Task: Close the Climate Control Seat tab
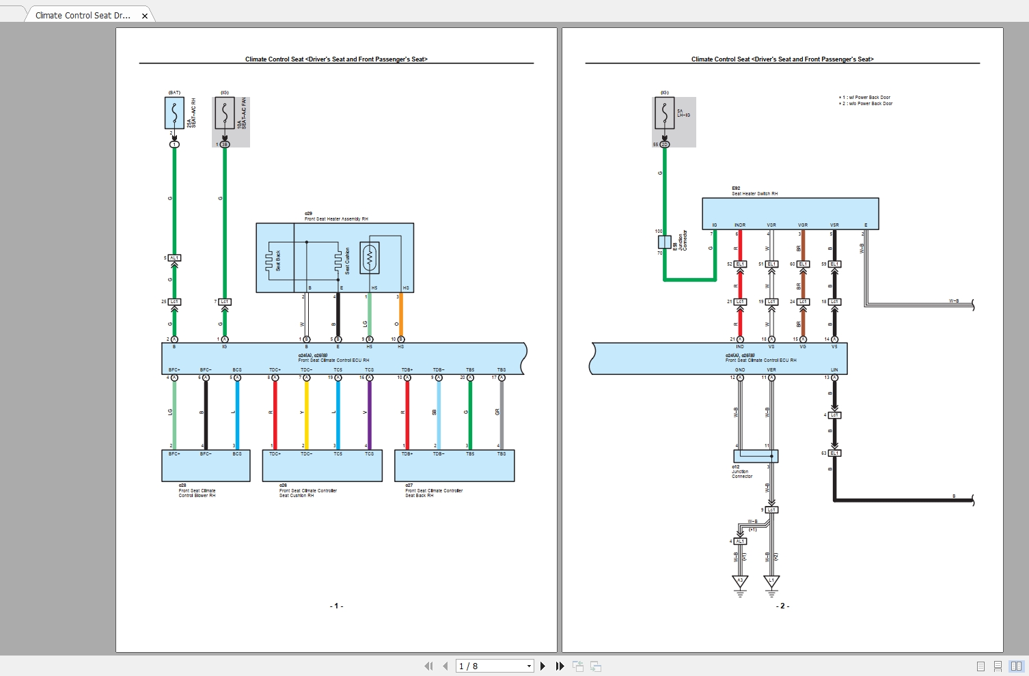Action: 145,16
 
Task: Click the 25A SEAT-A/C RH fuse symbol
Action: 174,113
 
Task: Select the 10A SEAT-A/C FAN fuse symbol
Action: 225,113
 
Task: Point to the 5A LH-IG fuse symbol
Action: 664,113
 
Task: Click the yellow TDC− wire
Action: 306,413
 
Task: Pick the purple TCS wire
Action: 370,413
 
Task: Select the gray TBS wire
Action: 502,413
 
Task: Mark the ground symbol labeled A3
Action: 740,582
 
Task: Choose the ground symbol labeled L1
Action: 771,582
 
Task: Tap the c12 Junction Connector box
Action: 756,456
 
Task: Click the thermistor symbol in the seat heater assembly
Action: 370,258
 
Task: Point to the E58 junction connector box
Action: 664,242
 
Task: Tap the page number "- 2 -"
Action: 782,606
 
